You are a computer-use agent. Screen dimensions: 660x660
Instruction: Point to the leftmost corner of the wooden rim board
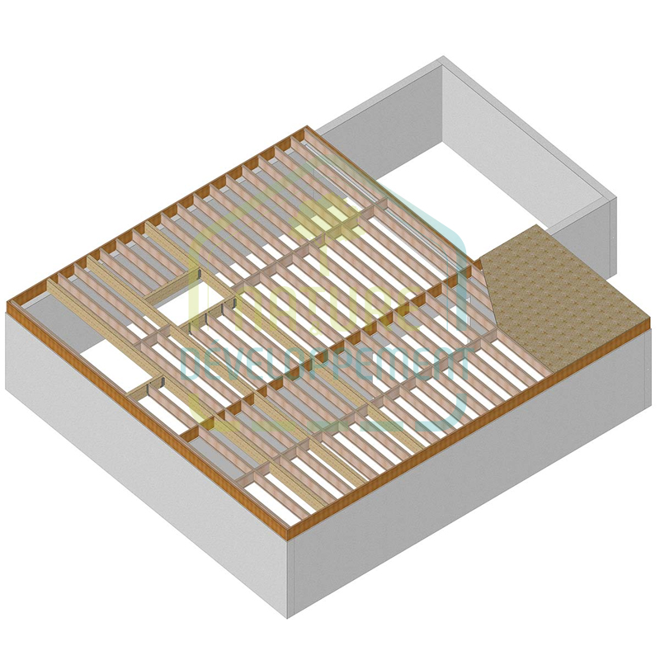click(x=8, y=306)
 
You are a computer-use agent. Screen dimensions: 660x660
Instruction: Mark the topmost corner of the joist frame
click(x=307, y=128)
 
